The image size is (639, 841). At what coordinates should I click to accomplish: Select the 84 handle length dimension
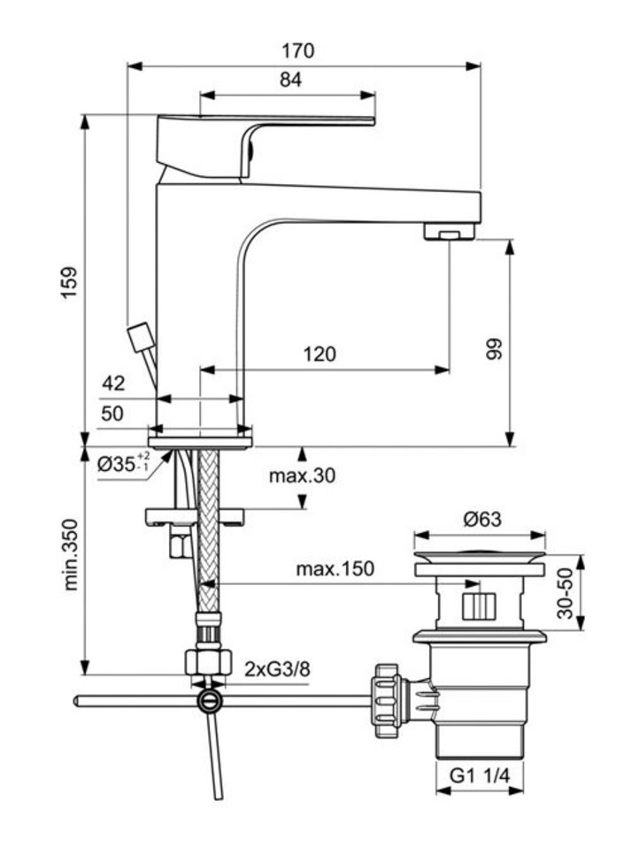[x=291, y=80]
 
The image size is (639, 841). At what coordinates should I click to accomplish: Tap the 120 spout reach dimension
[x=319, y=354]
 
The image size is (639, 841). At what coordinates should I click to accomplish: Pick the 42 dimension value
[x=112, y=383]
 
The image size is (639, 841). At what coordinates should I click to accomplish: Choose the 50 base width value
[x=112, y=413]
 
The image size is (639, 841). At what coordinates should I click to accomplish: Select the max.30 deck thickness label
[x=302, y=476]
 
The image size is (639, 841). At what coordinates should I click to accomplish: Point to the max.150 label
[x=334, y=568]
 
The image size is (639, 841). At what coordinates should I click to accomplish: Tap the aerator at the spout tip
[x=449, y=233]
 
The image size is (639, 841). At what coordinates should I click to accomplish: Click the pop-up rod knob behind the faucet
[x=141, y=337]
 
